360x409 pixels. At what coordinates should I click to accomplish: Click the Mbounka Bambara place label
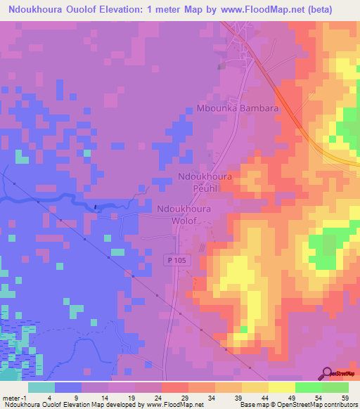point(237,110)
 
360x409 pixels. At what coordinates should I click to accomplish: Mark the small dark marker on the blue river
point(95,207)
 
